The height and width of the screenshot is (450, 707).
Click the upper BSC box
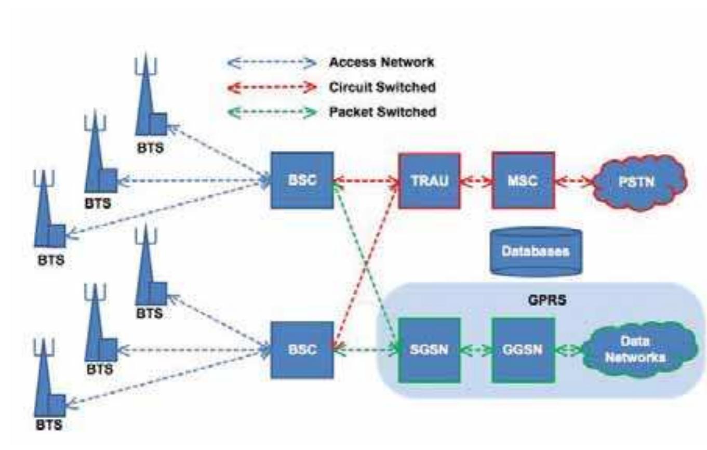coord(302,180)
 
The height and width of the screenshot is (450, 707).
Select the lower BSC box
coord(302,349)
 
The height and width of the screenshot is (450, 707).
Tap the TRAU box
coord(429,181)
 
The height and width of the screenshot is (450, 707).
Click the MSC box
coord(523,181)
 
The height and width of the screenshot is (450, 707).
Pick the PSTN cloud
coord(641,181)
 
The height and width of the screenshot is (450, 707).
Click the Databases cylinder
coord(536,252)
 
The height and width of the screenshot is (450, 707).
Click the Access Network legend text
coord(381,62)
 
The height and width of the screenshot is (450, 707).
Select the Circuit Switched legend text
coord(382,87)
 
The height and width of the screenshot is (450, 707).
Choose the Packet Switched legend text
coord(383,112)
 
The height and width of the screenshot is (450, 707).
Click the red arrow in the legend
coord(272,88)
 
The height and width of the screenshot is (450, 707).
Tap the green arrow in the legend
coord(272,112)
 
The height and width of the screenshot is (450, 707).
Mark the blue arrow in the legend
coord(272,63)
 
